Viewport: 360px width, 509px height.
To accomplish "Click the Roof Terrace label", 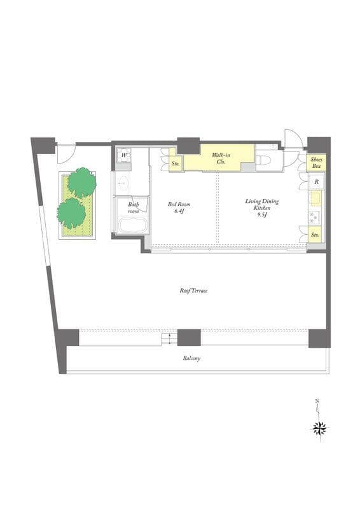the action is pyautogui.click(x=193, y=291).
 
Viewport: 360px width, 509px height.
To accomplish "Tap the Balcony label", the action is pyautogui.click(x=191, y=358).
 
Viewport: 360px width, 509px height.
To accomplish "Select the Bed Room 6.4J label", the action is pyautogui.click(x=179, y=208).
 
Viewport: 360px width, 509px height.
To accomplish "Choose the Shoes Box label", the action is pyautogui.click(x=316, y=163).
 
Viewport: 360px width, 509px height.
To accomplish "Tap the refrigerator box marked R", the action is pyautogui.click(x=316, y=182).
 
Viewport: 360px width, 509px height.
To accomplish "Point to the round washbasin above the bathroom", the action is pyautogui.click(x=123, y=183).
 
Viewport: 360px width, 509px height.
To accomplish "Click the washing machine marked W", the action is pyautogui.click(x=123, y=155).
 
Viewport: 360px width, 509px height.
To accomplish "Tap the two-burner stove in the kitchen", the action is pyautogui.click(x=315, y=217).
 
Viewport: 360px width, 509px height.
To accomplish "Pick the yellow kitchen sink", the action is pyautogui.click(x=315, y=199).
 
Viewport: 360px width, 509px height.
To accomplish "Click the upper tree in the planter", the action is pyautogui.click(x=82, y=183).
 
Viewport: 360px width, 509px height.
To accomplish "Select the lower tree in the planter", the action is pyautogui.click(x=71, y=213).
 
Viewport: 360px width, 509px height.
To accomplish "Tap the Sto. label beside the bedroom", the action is pyautogui.click(x=176, y=164).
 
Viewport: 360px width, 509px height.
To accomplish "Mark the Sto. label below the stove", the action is pyautogui.click(x=315, y=234).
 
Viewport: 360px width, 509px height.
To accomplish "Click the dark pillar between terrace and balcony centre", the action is pyautogui.click(x=189, y=338).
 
